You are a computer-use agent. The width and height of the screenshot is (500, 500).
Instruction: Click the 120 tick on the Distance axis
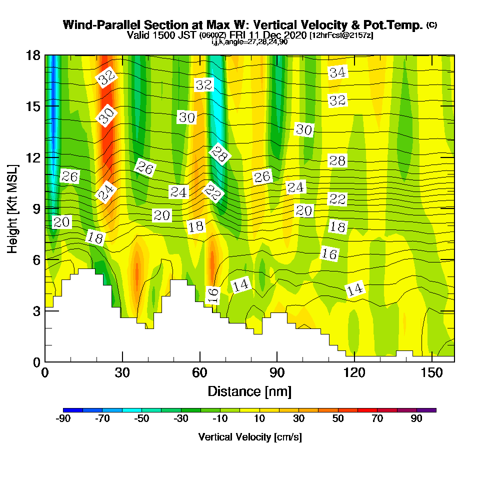tap(354, 361)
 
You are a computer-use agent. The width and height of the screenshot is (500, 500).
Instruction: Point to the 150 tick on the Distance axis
tap(431, 361)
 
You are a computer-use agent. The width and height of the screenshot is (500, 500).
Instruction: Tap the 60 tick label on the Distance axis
tap(199, 373)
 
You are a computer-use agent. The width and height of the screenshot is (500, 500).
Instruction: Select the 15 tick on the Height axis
tap(45, 106)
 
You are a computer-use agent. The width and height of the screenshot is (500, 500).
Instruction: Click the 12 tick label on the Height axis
tap(33, 157)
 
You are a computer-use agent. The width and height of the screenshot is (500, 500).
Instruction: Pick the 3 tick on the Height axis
tap(45, 310)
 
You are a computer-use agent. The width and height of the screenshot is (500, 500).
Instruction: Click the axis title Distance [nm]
tap(249, 391)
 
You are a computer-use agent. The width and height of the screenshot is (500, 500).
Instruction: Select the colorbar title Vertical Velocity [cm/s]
tap(250, 437)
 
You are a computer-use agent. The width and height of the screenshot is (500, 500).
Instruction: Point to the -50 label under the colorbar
tap(141, 419)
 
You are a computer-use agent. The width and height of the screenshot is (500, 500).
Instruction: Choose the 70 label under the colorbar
tap(377, 419)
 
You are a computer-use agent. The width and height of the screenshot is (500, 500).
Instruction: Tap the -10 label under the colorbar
tap(220, 419)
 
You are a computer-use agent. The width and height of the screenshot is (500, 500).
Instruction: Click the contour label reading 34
tap(337, 72)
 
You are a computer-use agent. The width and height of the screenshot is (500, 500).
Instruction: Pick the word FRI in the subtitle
tap(242, 35)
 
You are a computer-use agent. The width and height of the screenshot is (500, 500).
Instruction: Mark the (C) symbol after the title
tap(431, 24)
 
